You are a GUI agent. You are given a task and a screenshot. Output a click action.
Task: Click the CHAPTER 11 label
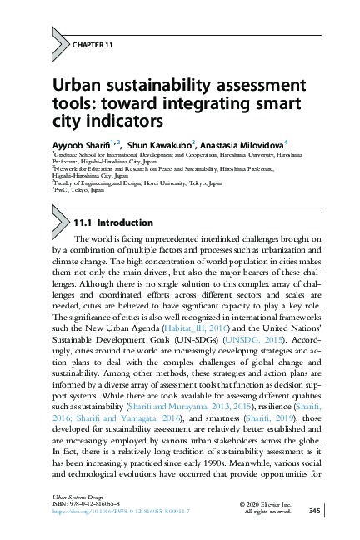pyautogui.click(x=93, y=44)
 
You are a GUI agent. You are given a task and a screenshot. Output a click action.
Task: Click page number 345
pyautogui.click(x=314, y=510)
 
